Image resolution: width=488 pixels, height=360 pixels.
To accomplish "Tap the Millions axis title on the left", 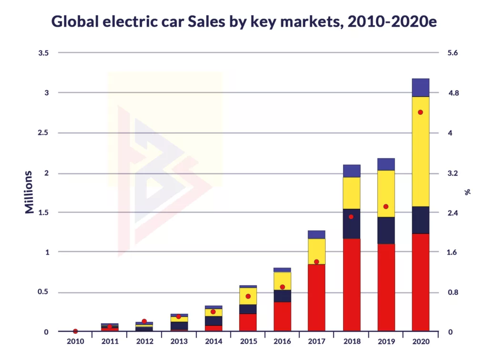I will point(30,192).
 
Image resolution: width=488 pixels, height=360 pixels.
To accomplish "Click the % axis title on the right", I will point(468,192).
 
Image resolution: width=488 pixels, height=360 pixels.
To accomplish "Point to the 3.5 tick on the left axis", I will point(43,53).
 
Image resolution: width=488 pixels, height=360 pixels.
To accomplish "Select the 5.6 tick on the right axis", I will point(453,53).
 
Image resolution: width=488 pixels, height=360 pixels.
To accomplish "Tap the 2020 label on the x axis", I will point(420,341).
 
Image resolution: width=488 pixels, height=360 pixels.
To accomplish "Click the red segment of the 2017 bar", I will point(316,298).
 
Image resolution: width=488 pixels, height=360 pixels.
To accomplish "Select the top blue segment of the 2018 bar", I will point(351,171).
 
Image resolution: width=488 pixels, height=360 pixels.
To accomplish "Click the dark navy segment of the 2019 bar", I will point(386,230).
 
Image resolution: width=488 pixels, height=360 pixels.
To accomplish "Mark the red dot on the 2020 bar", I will point(420,112).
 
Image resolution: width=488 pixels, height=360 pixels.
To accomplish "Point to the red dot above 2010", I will point(75,331).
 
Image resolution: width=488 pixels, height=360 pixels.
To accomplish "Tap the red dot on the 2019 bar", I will point(386,207).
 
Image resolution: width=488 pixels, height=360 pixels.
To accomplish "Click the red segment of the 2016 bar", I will point(282,316).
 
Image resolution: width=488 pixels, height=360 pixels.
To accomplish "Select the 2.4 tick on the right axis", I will point(453,213).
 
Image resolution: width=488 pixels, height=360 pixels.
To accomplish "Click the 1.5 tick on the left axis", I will point(43,213).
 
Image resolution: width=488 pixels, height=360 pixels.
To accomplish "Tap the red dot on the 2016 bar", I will point(282,287).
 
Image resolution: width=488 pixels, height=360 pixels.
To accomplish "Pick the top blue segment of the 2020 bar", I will point(420,88).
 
